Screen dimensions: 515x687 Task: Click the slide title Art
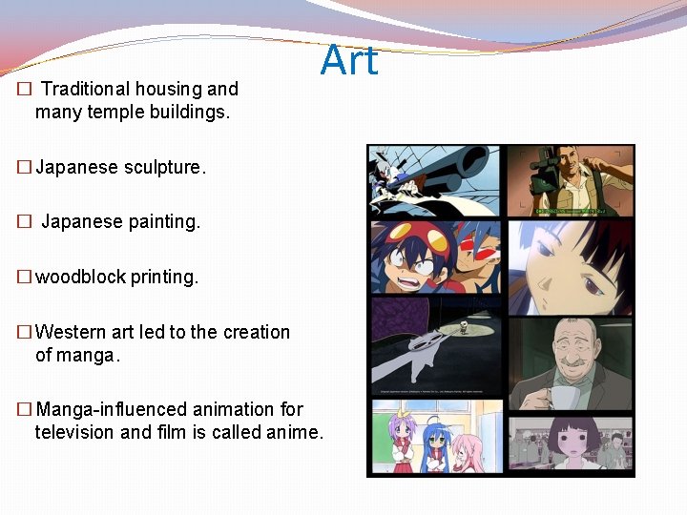[x=349, y=61]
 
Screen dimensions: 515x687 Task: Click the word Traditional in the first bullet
[x=85, y=89]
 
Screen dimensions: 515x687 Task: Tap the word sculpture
[x=163, y=167]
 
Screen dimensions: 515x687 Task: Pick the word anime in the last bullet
[x=296, y=432]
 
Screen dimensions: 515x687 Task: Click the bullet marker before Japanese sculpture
[x=24, y=168]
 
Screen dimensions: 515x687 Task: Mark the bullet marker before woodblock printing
[x=24, y=278]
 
